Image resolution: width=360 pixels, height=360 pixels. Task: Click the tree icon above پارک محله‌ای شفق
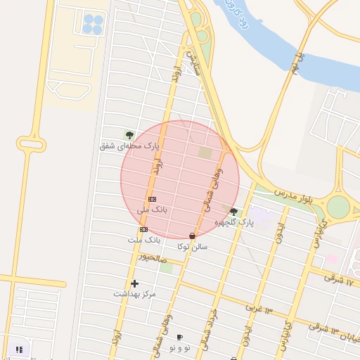coord(129,134)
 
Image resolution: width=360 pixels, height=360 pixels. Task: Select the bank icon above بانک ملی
coord(152,199)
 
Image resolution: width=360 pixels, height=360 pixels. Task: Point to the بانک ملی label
coord(152,210)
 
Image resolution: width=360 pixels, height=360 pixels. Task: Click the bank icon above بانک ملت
coord(143,229)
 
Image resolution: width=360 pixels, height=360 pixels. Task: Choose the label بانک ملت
coord(144,240)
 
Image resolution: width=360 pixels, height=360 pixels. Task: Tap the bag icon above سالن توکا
coord(193,236)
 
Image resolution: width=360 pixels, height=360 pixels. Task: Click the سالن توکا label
coord(193,247)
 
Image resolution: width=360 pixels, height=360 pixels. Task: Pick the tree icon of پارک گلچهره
coord(233,212)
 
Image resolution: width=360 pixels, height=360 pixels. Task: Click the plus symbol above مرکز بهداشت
coord(134,283)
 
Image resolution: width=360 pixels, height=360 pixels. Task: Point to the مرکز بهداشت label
coord(134,294)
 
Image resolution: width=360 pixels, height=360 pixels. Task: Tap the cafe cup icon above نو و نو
coord(179,337)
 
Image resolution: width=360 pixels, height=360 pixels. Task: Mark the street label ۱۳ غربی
coord(259,309)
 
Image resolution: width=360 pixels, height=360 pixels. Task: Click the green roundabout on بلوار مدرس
coord(338,206)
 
